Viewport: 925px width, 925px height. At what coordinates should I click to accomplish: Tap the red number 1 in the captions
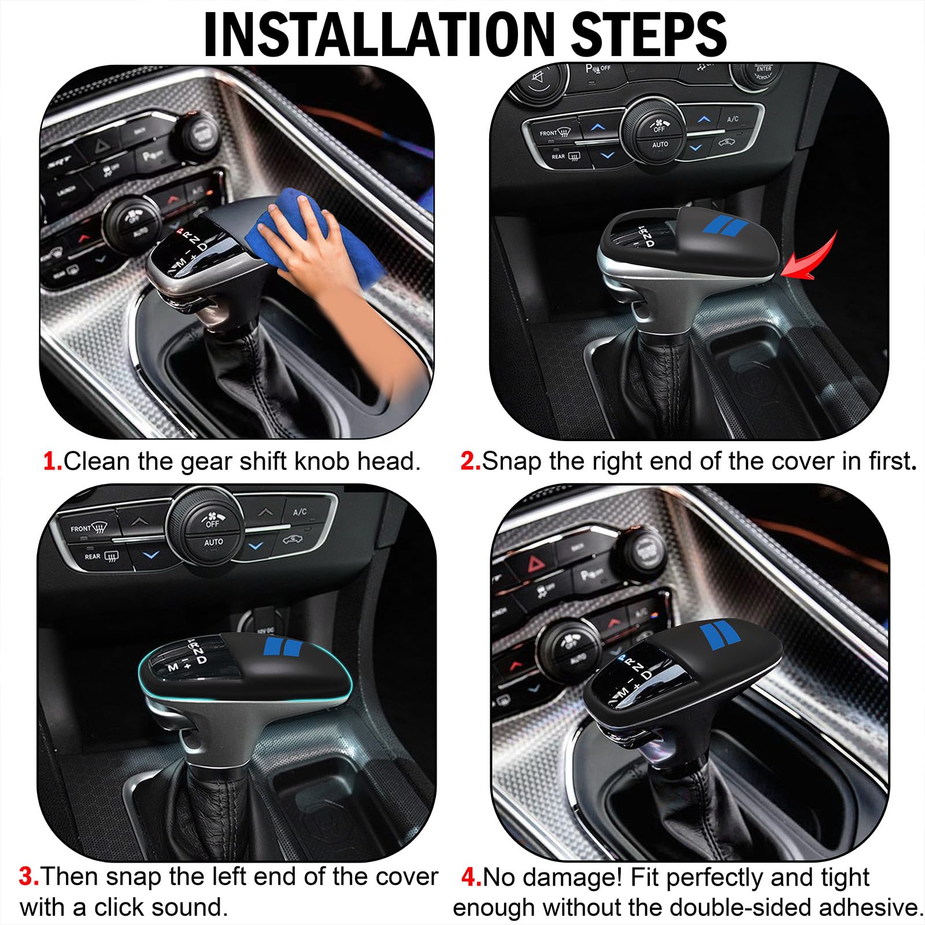coord(52,461)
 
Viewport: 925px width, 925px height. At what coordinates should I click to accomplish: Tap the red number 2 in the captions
coord(470,461)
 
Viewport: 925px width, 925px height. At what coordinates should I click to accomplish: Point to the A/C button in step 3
coord(300,512)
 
